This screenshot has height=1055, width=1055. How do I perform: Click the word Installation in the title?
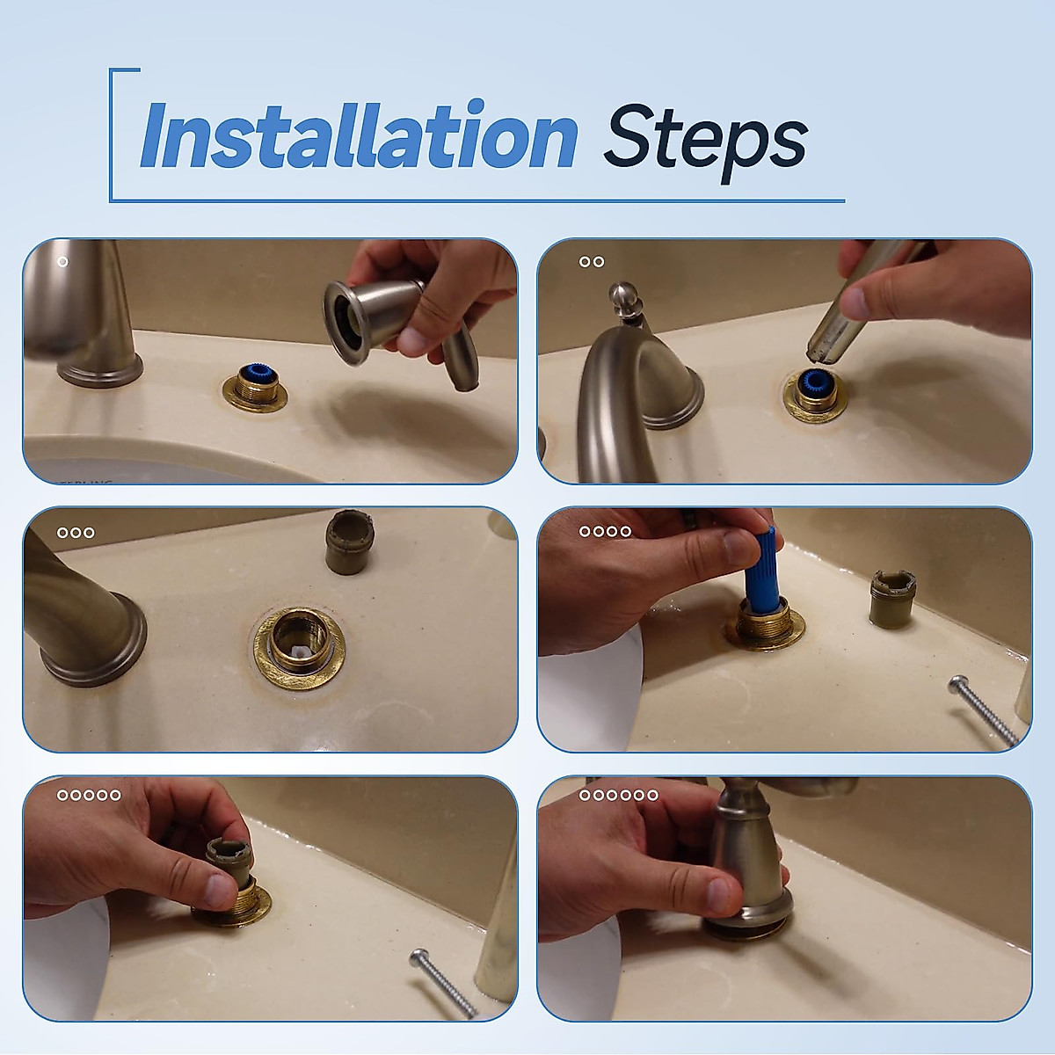359,135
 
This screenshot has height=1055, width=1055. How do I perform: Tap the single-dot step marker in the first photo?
63,262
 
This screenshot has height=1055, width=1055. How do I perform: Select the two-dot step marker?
592,262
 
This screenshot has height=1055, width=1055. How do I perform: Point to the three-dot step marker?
76,533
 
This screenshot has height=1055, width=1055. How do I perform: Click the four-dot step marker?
605,531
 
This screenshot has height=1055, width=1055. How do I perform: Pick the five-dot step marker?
89,795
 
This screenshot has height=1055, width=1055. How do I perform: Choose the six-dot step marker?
619,795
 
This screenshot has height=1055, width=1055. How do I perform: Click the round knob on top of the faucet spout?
623,298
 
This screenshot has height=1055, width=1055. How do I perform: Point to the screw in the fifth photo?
443,983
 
